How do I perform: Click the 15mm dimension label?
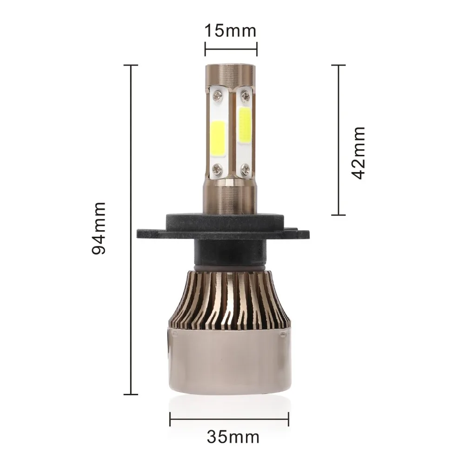point(231,31)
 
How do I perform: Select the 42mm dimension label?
point(358,153)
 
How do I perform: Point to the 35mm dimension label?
point(233,437)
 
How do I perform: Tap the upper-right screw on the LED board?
point(245,95)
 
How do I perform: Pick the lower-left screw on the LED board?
point(217,169)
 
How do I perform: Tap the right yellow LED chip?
point(245,124)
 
